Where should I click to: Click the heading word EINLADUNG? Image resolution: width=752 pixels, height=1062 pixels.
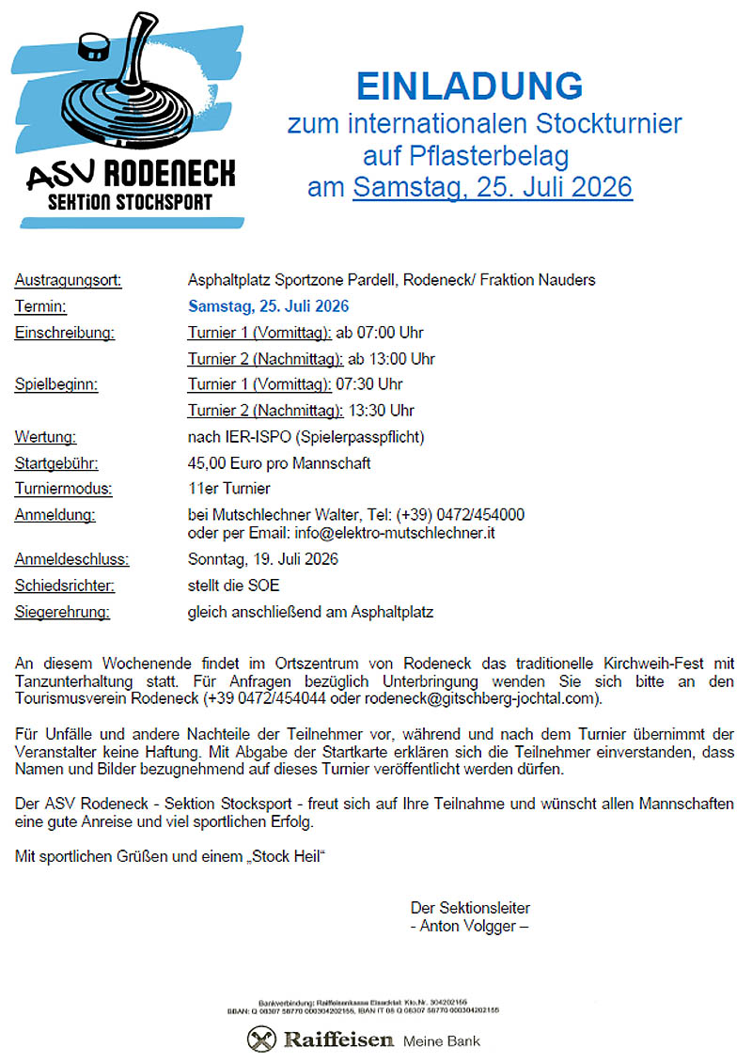pos(469,86)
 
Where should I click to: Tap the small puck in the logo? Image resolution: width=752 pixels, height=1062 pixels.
pos(91,44)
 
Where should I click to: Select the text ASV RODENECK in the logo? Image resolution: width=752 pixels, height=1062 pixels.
pos(131,174)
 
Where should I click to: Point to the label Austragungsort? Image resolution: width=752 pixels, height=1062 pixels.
pos(68,280)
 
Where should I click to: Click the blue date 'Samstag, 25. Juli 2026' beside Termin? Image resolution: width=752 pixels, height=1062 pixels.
pos(269,306)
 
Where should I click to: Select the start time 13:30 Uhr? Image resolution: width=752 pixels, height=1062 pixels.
pos(382,411)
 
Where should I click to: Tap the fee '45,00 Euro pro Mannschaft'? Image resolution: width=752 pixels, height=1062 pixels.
pos(279,463)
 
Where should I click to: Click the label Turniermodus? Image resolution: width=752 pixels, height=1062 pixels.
pos(63,489)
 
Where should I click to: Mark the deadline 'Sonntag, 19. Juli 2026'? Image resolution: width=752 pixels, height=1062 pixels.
pos(263,560)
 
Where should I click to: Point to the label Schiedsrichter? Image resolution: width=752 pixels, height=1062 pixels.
pos(65,586)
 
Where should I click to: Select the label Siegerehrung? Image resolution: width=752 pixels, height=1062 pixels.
pos(62,613)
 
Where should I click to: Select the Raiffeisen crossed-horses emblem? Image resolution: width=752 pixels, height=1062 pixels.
pos(262,1039)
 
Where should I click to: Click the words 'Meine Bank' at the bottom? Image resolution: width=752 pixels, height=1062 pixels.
pos(441,1041)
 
